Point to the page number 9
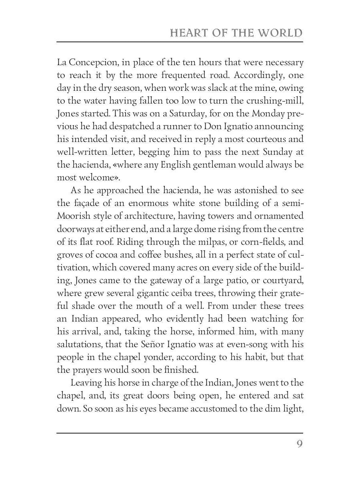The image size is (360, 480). pyautogui.click(x=299, y=444)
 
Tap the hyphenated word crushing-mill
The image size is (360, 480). pyautogui.click(x=273, y=101)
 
